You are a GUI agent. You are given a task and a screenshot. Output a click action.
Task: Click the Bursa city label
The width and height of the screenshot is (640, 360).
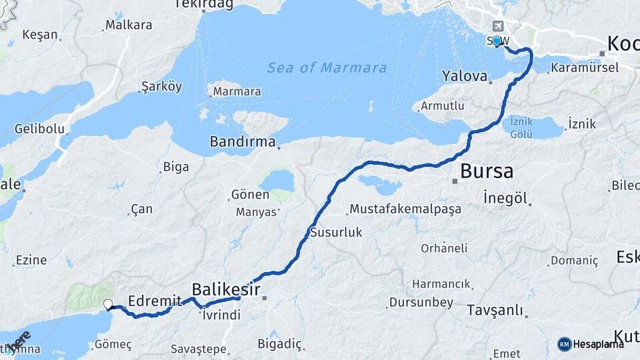(x=487, y=171)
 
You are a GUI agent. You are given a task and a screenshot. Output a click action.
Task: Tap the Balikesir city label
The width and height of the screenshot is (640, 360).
(x=225, y=289)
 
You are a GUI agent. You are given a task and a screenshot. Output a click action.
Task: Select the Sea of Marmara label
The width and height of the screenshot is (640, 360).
(x=327, y=68)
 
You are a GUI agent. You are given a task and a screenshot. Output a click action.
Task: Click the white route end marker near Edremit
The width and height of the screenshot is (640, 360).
(x=108, y=305)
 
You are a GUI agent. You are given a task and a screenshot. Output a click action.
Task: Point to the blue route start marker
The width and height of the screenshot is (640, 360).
(x=497, y=41)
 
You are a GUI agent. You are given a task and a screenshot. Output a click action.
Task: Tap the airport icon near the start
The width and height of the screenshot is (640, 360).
(x=498, y=26)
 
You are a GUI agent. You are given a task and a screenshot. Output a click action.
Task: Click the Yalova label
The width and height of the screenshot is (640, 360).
(x=465, y=76)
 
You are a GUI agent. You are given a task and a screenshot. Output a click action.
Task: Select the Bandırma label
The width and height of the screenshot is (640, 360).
(x=243, y=141)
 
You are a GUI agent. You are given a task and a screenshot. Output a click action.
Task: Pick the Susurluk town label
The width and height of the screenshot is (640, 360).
(x=336, y=233)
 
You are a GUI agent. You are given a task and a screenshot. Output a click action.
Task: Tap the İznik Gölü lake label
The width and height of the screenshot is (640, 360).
(x=521, y=127)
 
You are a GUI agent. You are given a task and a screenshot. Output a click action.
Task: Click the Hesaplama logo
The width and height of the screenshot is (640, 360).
(x=591, y=344)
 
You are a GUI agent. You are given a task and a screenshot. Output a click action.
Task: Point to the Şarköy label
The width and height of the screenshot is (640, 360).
(x=161, y=87)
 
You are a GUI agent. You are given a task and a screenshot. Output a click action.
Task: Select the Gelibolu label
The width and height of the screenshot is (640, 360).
(x=39, y=128)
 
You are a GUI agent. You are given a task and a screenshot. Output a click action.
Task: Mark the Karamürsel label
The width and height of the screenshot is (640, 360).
(x=585, y=67)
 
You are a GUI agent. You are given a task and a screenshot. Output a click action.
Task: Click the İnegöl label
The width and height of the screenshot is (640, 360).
(x=506, y=198)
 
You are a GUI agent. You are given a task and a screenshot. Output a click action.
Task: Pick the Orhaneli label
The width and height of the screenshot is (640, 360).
(x=444, y=248)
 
